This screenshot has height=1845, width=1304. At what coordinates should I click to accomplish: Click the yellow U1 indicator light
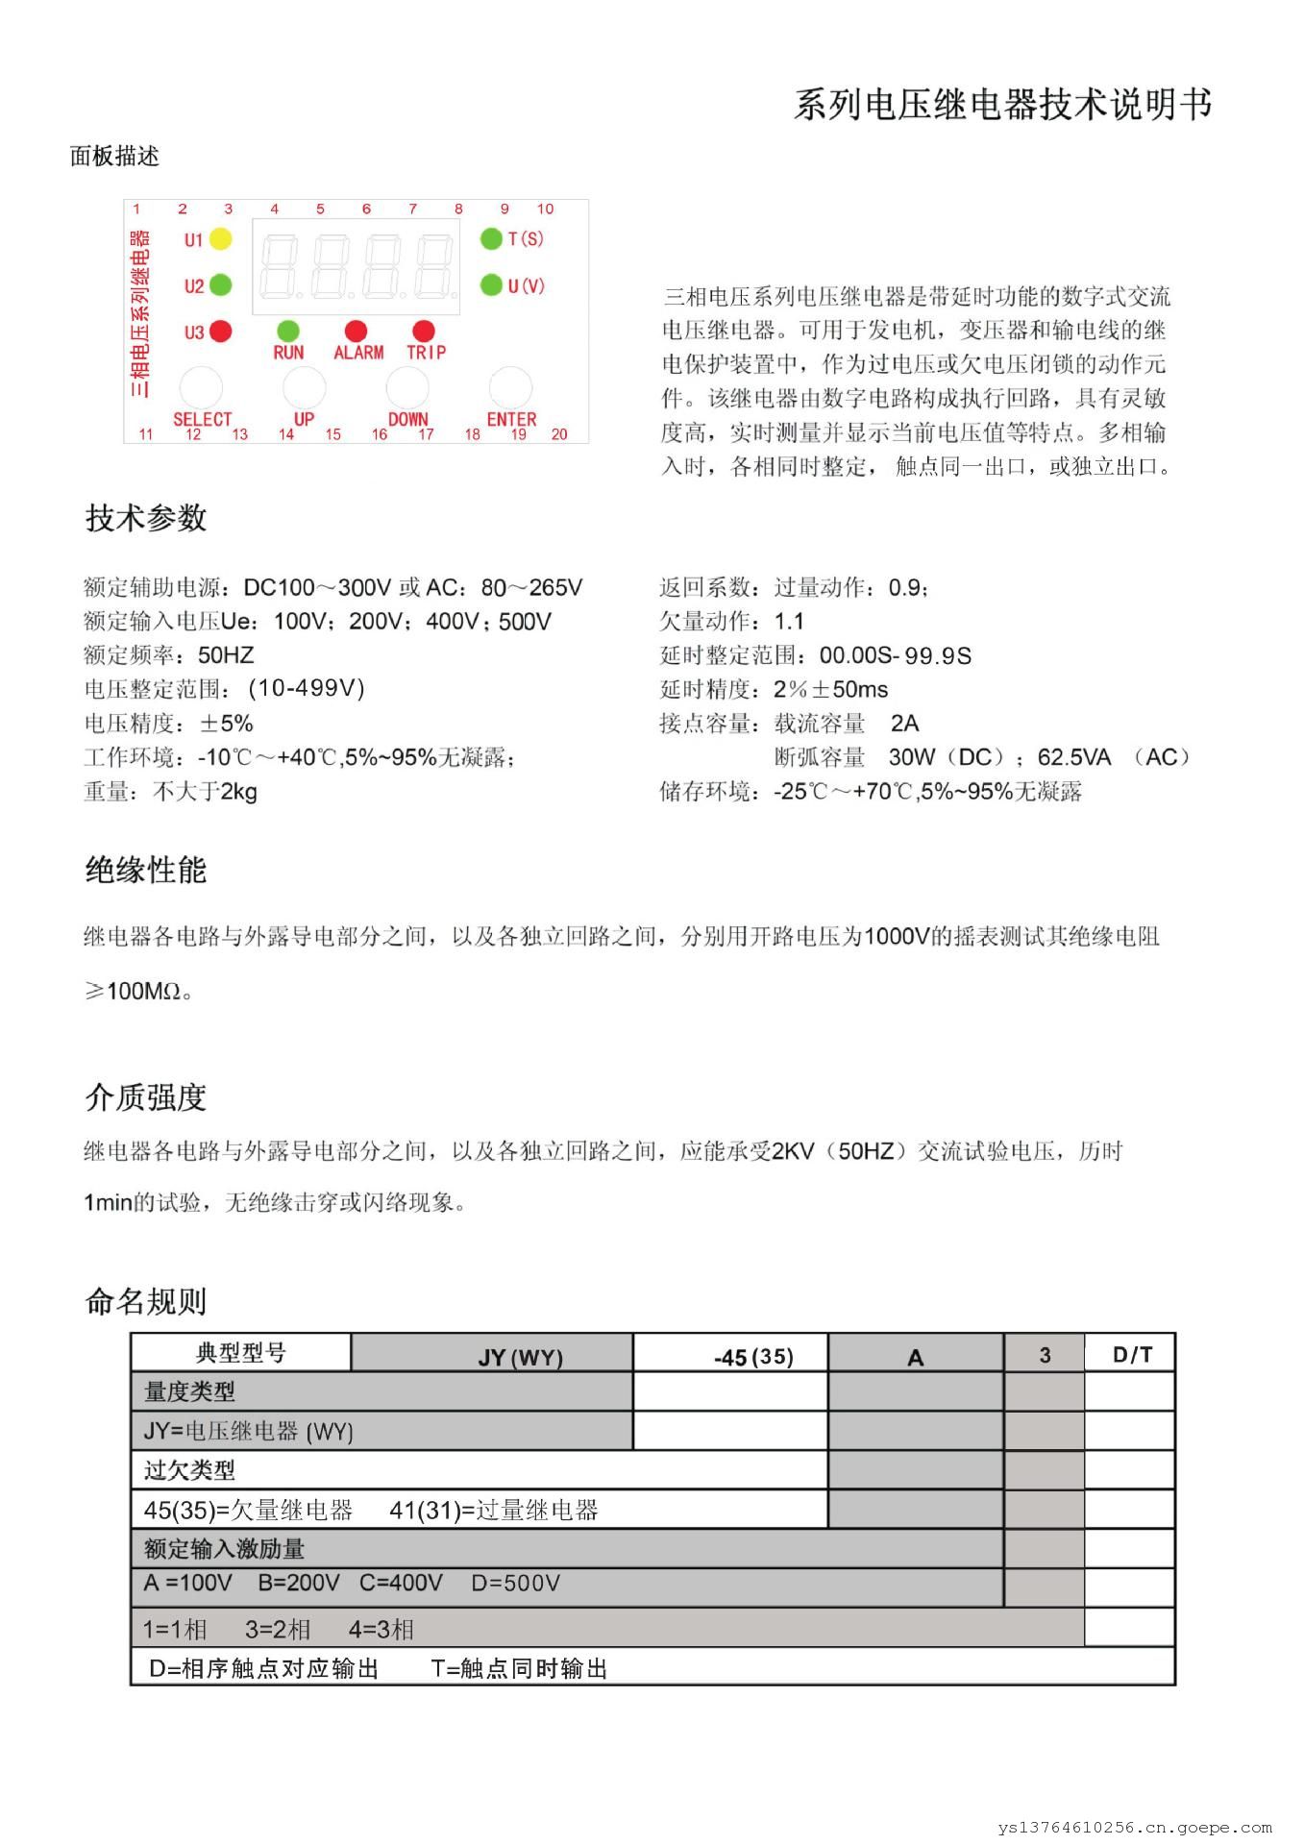click(220, 239)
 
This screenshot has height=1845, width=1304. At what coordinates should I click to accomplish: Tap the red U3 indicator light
click(220, 332)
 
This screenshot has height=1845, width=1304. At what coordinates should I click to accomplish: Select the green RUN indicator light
click(288, 332)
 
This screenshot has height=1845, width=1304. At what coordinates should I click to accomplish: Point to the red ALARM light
click(357, 332)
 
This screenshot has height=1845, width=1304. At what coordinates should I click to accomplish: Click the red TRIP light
click(424, 332)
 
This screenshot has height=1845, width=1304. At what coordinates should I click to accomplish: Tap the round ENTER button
click(510, 387)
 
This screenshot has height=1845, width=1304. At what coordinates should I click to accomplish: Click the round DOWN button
click(407, 387)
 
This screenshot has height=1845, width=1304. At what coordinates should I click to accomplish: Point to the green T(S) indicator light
click(491, 238)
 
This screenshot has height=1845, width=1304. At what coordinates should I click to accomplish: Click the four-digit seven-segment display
click(356, 265)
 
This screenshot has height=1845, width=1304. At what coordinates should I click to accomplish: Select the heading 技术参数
click(146, 518)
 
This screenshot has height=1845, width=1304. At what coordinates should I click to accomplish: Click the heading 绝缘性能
click(146, 871)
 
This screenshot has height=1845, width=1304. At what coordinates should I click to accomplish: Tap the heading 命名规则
click(146, 1302)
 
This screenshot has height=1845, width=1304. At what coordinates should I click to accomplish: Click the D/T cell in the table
click(1131, 1355)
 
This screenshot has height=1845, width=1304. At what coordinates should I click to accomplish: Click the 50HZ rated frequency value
click(226, 655)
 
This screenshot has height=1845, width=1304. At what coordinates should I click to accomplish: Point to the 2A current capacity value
click(904, 724)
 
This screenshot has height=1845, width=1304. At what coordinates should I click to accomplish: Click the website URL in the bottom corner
click(1135, 1828)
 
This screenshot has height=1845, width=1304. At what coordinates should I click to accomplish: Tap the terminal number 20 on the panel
click(559, 434)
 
